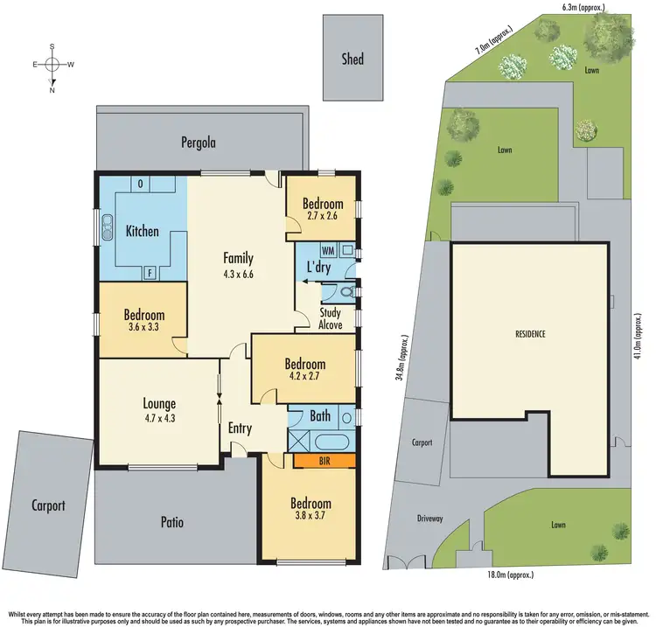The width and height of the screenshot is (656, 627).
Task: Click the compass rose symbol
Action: (52, 65)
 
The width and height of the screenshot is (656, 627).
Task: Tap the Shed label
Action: (352, 59)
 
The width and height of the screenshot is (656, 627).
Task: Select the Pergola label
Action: (198, 142)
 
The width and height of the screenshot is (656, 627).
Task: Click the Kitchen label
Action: (142, 231)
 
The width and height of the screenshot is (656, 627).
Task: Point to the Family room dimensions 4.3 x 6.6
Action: (238, 274)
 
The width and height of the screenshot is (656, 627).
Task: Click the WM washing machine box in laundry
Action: (328, 251)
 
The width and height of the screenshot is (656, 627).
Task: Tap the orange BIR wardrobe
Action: (325, 460)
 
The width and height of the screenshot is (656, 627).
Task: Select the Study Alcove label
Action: (330, 318)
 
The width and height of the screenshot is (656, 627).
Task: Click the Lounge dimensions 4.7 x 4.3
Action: (159, 419)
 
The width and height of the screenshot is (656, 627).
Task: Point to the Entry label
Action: (240, 428)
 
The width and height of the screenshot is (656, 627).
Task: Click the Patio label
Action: (171, 523)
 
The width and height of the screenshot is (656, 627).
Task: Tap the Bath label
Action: (320, 416)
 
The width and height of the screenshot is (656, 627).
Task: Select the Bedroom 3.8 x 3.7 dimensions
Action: (311, 519)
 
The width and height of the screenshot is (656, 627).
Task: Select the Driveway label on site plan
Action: (429, 519)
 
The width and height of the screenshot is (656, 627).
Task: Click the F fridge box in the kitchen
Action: (149, 273)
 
